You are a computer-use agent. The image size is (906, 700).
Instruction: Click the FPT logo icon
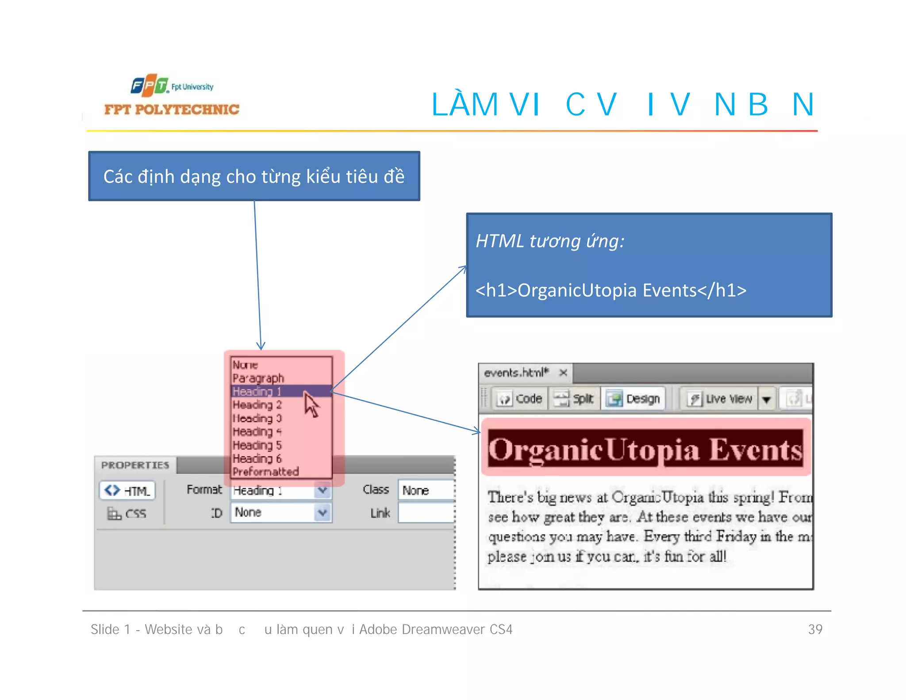[x=150, y=85]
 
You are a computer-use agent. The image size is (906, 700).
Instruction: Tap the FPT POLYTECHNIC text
[x=172, y=110]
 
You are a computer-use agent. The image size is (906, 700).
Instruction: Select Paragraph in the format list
[x=258, y=379]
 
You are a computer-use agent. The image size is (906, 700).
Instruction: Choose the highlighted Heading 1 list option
[x=257, y=392]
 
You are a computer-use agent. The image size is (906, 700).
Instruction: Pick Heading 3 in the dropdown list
[x=257, y=418]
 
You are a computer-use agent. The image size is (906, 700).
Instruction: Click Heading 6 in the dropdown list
[x=257, y=459]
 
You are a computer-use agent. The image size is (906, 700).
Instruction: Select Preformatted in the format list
[x=265, y=472]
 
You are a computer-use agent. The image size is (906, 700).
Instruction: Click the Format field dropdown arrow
[x=323, y=490]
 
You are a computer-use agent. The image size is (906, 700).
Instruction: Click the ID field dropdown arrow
[x=323, y=513]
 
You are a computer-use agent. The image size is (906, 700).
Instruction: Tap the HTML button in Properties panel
[x=127, y=491]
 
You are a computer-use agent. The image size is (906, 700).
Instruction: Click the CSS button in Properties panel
[x=127, y=514]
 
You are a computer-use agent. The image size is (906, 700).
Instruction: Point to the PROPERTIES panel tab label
[x=135, y=465]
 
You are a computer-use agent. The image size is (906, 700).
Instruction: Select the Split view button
[x=574, y=399]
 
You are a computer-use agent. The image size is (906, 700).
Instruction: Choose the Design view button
[x=633, y=399]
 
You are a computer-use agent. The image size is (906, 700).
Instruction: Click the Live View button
[x=719, y=399]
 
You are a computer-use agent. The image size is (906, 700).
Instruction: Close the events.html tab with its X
[x=563, y=373]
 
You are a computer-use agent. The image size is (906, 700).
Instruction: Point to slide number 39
[x=815, y=629]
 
